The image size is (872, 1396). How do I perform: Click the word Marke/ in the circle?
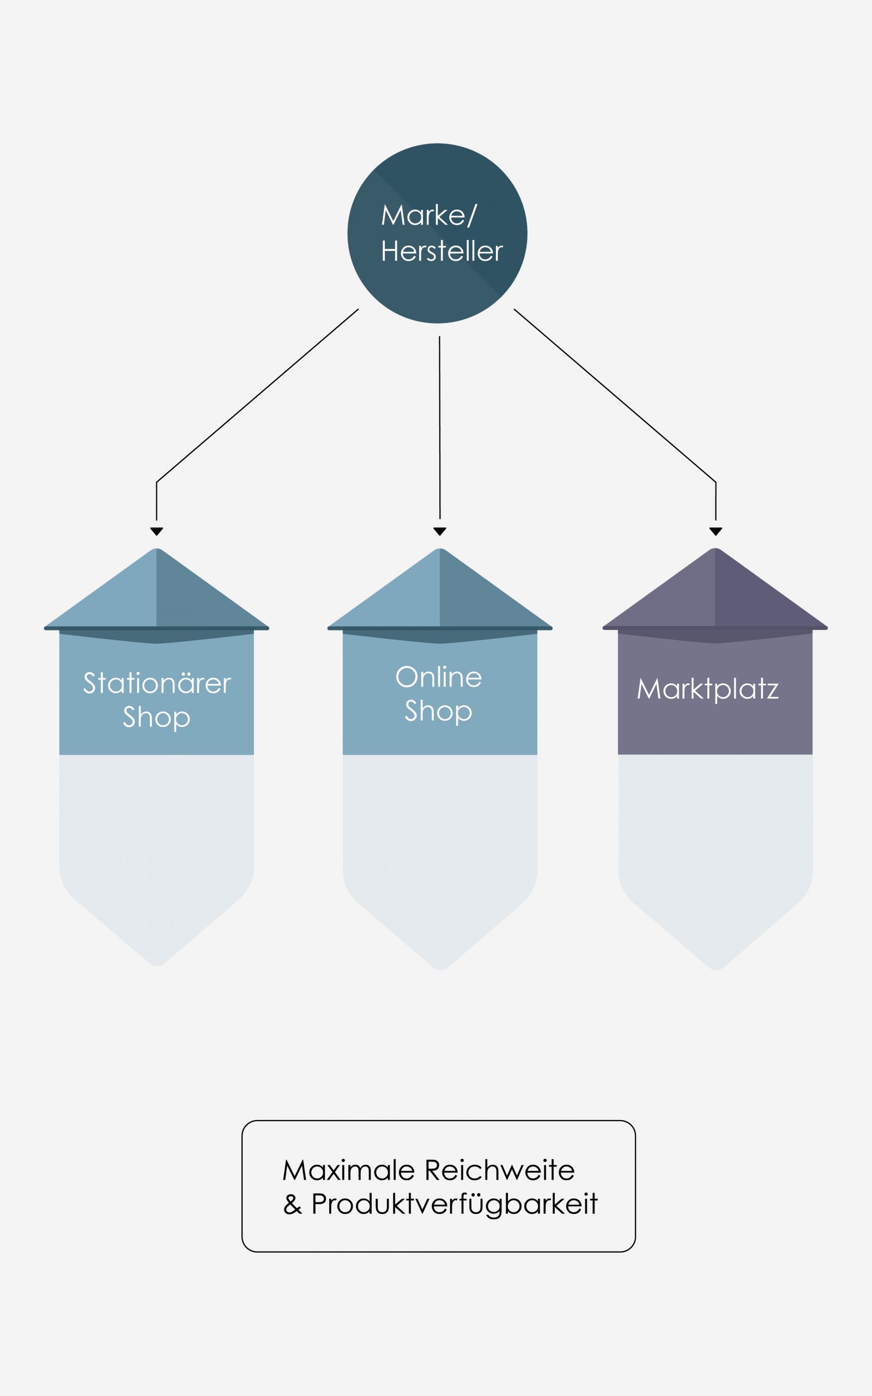(x=429, y=216)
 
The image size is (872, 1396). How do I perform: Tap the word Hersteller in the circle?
(x=442, y=251)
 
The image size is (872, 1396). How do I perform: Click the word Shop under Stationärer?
(x=156, y=717)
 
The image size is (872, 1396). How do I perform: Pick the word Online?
(x=438, y=677)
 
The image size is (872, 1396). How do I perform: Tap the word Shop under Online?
(x=438, y=711)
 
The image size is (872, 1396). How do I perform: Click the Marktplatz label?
(x=707, y=689)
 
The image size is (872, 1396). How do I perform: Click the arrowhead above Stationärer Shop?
(x=156, y=531)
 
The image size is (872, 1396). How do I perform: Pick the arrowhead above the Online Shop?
(x=440, y=531)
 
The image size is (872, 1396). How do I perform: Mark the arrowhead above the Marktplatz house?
(x=716, y=531)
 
